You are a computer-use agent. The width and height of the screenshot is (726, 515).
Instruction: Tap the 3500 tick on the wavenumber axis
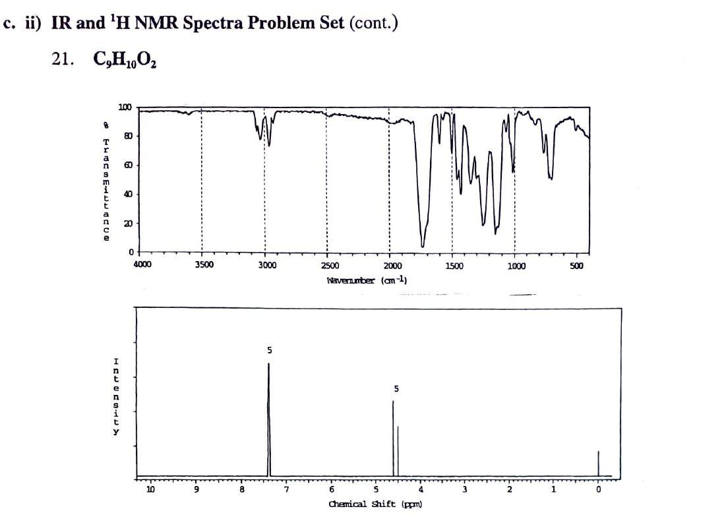point(204,265)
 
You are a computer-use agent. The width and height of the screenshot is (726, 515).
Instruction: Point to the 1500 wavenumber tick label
point(454,265)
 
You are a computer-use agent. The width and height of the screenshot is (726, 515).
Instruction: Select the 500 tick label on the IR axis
point(576,265)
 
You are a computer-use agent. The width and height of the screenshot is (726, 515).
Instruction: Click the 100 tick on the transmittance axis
point(125,107)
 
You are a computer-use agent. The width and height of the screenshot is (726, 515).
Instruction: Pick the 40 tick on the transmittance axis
point(127,194)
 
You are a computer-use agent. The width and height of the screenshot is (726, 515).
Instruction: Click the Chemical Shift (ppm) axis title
point(375,504)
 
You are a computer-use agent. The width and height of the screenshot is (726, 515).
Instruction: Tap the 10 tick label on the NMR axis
point(150,490)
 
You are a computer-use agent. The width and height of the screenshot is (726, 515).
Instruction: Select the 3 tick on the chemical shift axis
point(465,490)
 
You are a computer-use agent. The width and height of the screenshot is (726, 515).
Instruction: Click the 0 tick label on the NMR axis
point(598,490)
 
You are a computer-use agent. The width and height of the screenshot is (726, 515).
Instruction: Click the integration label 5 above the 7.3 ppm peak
point(269,349)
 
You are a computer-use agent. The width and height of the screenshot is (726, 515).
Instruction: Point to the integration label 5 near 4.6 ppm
point(396,389)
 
